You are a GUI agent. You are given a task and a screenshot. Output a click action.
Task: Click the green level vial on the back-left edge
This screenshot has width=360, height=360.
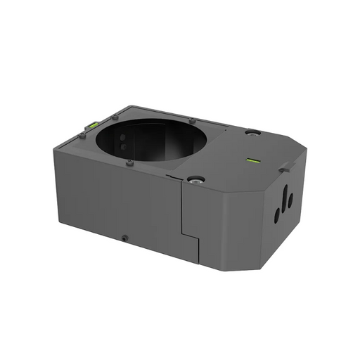coord(90,125)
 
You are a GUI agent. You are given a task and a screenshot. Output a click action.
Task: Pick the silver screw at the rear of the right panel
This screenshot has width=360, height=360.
coord(252,132)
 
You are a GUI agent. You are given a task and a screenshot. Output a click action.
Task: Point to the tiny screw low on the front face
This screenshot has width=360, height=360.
coord(124,237)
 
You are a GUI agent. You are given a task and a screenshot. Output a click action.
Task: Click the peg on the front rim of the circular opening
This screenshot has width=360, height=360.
coord(130,162)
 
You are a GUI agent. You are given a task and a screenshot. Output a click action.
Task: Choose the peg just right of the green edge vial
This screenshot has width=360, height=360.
coord(113,117)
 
